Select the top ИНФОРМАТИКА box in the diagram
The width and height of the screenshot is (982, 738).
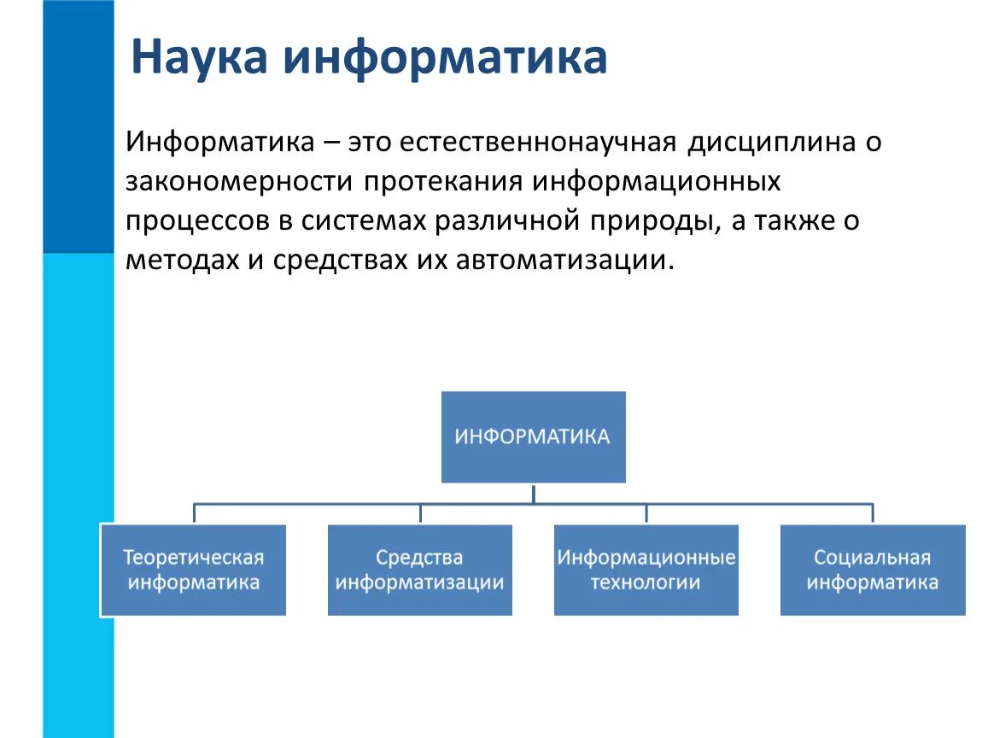coord(533,437)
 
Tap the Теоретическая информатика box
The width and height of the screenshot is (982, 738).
coord(193,571)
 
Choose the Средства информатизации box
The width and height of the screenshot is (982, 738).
coord(419,571)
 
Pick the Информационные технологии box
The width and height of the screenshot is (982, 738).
coord(646,571)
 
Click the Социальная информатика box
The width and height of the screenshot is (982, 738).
coord(872,571)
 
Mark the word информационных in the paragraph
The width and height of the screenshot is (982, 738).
coord(658,181)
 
